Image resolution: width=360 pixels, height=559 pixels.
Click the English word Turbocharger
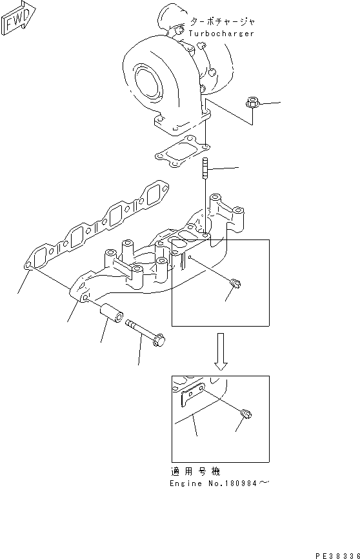(221, 33)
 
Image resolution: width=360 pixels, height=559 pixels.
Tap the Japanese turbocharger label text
(221, 21)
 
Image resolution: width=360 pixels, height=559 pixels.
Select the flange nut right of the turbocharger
(252, 103)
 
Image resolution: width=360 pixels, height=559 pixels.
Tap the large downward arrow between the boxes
(221, 351)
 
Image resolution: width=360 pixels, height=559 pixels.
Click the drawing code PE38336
(337, 554)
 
